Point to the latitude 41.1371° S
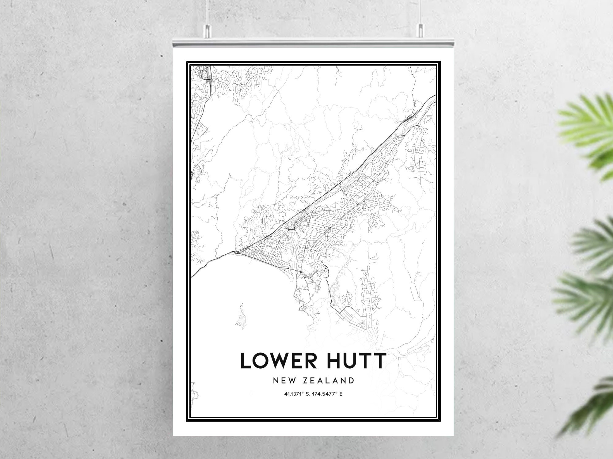pos(297,394)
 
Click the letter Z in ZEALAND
pos(305,381)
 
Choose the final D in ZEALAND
pos(351,381)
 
